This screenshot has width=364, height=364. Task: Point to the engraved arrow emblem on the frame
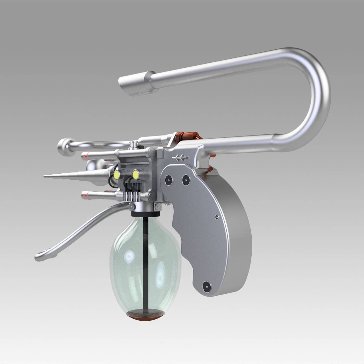coord(179,157)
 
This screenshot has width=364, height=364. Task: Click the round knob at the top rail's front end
coord(64,145)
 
